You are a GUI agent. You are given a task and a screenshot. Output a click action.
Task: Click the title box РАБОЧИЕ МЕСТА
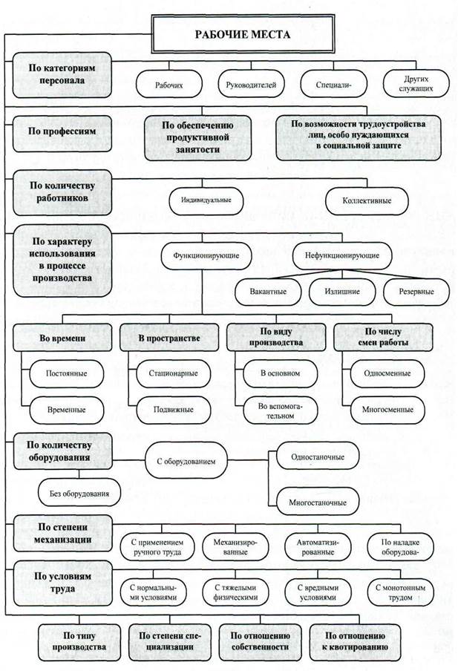click(243, 34)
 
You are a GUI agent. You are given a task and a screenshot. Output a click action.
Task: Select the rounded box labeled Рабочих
click(169, 85)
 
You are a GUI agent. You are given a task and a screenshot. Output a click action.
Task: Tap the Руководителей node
click(251, 85)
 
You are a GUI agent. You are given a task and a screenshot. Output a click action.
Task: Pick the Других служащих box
click(416, 84)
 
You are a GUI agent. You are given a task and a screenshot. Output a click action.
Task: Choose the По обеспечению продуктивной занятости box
click(197, 137)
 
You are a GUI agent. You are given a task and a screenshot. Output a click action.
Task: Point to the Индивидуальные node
click(206, 200)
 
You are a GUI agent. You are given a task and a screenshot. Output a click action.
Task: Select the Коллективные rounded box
click(367, 200)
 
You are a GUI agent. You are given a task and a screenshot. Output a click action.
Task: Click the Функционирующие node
click(206, 255)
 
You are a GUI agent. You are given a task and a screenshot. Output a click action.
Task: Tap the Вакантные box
click(268, 292)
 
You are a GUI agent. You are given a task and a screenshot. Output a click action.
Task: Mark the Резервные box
click(416, 292)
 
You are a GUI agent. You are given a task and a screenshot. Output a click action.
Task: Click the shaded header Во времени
click(62, 338)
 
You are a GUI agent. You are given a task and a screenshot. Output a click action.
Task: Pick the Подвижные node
click(174, 410)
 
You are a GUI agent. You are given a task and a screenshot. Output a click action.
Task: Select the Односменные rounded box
click(387, 373)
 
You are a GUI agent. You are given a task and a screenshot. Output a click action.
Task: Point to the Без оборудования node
click(79, 494)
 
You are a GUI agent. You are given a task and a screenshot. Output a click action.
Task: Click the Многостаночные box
click(318, 502)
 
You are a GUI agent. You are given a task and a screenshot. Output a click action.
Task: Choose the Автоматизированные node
click(318, 547)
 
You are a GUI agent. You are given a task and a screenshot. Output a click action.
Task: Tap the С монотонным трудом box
click(400, 592)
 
